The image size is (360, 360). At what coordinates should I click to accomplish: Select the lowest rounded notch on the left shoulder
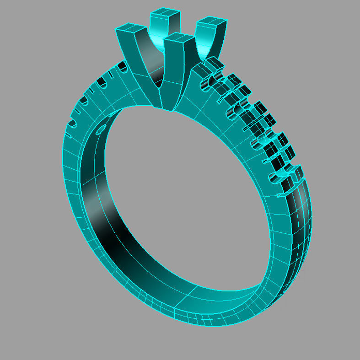(x=71, y=123)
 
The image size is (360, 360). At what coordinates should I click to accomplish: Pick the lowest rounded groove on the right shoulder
(x=277, y=177)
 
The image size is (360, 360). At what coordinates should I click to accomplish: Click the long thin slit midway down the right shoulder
(x=254, y=124)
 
